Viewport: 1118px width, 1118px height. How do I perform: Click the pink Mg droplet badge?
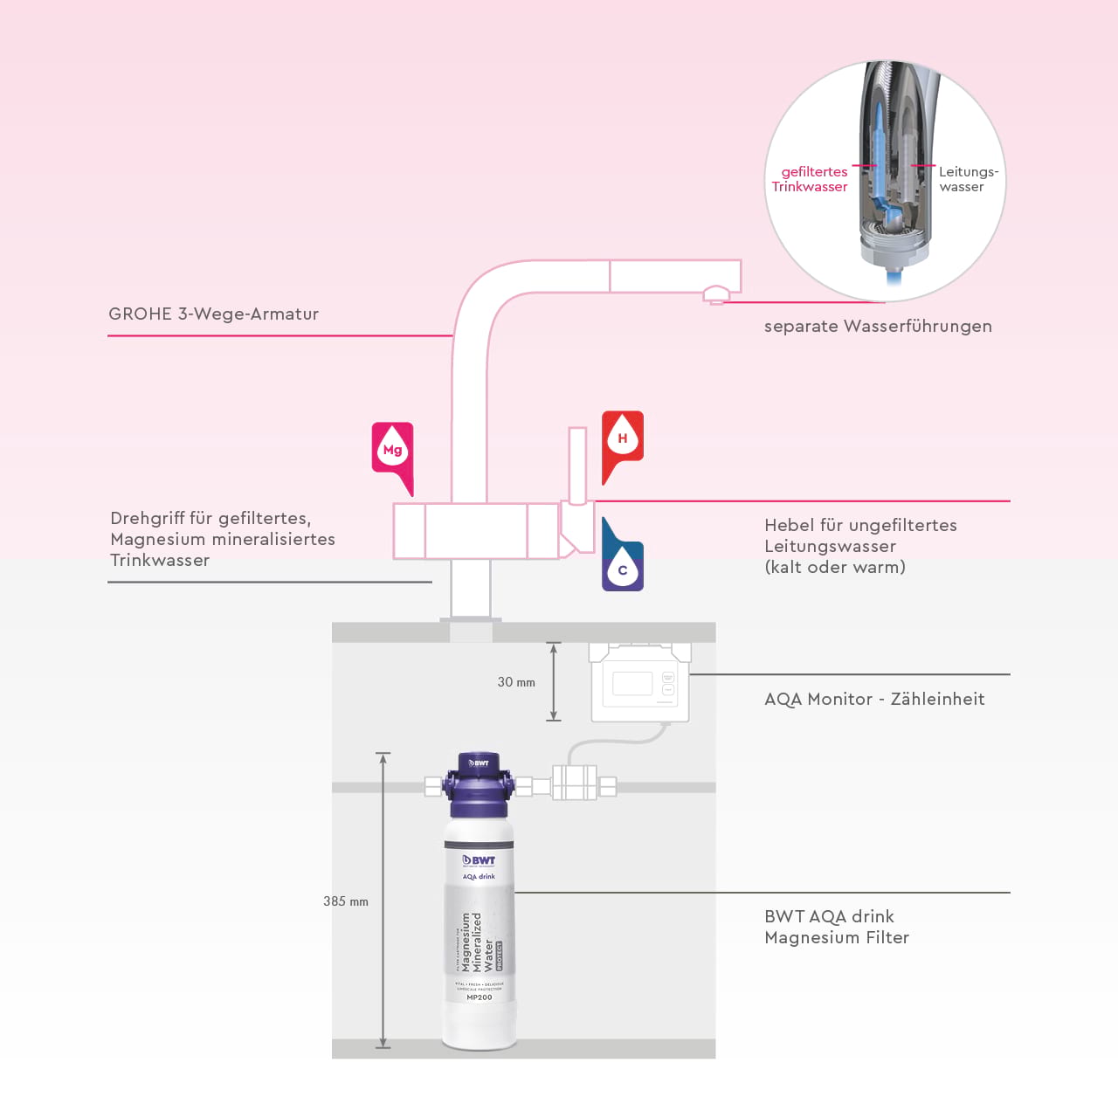392,450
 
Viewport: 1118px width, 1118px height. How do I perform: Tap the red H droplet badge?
623,438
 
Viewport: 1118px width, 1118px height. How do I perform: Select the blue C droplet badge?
623,569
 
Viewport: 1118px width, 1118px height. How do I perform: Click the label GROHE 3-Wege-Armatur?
213,314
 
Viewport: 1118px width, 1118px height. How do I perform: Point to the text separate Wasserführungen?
878,327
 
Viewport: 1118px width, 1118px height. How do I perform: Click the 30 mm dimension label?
516,682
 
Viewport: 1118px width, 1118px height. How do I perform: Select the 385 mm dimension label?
346,901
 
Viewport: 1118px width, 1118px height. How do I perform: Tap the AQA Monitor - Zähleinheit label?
874,700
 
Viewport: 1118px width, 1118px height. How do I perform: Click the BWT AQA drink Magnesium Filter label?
836,927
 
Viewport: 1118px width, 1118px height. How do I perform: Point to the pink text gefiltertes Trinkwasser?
810,179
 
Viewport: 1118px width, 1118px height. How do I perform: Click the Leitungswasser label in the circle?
967,179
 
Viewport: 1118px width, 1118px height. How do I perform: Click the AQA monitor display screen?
632,683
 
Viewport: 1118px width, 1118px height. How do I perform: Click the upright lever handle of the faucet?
577,465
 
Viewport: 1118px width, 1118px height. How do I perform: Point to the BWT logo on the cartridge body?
479,860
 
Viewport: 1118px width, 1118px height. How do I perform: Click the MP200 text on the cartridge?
479,997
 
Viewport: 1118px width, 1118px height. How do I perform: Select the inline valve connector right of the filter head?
575,783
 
